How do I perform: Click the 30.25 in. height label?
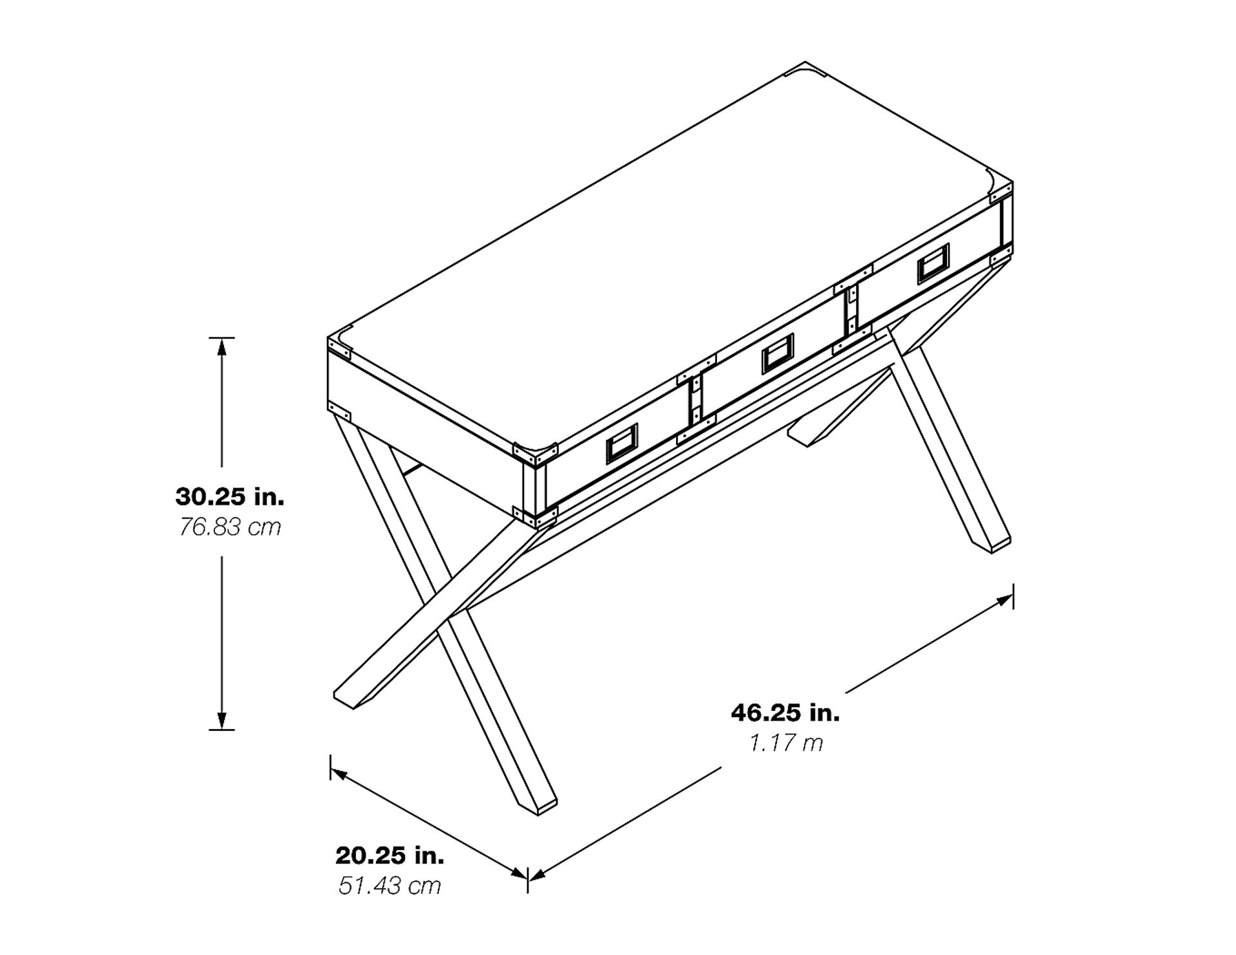click(229, 497)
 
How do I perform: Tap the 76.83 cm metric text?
click(229, 527)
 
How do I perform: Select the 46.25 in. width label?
click(785, 713)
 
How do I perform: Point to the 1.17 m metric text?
click(785, 744)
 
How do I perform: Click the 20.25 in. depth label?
click(389, 855)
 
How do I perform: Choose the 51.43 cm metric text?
click(389, 885)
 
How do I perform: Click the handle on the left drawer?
click(621, 444)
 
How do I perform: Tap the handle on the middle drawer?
click(778, 354)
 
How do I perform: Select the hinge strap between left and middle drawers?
click(695, 399)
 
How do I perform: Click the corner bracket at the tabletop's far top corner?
click(807, 70)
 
